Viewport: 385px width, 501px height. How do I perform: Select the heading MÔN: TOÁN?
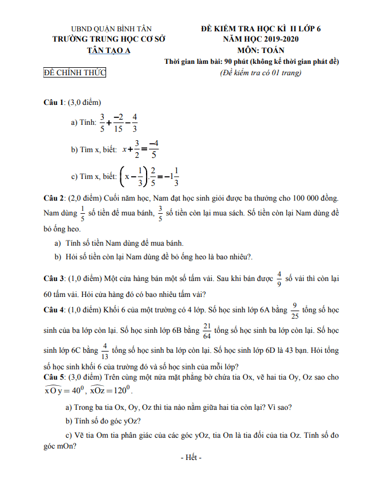click(x=261, y=50)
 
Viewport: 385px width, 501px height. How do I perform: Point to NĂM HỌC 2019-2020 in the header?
click(x=261, y=39)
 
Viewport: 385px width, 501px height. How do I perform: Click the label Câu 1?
click(x=54, y=103)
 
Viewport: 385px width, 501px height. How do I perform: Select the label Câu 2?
click(x=54, y=198)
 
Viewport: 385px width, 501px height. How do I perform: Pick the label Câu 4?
click(x=54, y=309)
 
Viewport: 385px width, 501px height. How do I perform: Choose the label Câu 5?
click(x=54, y=377)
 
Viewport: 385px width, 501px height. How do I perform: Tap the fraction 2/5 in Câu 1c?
click(x=152, y=176)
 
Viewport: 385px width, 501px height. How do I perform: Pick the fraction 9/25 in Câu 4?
click(x=295, y=309)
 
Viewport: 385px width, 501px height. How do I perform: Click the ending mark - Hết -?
click(x=191, y=458)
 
